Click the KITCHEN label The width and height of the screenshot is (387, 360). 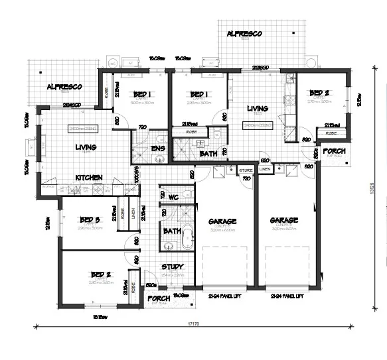pos(88,178)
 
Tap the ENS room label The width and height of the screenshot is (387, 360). pos(158,148)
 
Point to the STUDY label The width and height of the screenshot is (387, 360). pos(172,268)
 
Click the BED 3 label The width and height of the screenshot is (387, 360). pos(89,220)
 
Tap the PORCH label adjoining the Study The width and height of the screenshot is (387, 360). pos(159,298)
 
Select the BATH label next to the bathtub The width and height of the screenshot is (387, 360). pos(172,231)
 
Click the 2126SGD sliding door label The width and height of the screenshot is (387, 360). pos(260,68)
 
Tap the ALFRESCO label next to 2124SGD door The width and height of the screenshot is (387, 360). pos(64,87)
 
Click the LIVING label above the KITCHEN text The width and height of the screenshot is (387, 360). pos(86,147)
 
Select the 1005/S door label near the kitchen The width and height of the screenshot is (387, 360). pos(136,173)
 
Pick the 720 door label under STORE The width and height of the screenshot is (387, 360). pos(246,179)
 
